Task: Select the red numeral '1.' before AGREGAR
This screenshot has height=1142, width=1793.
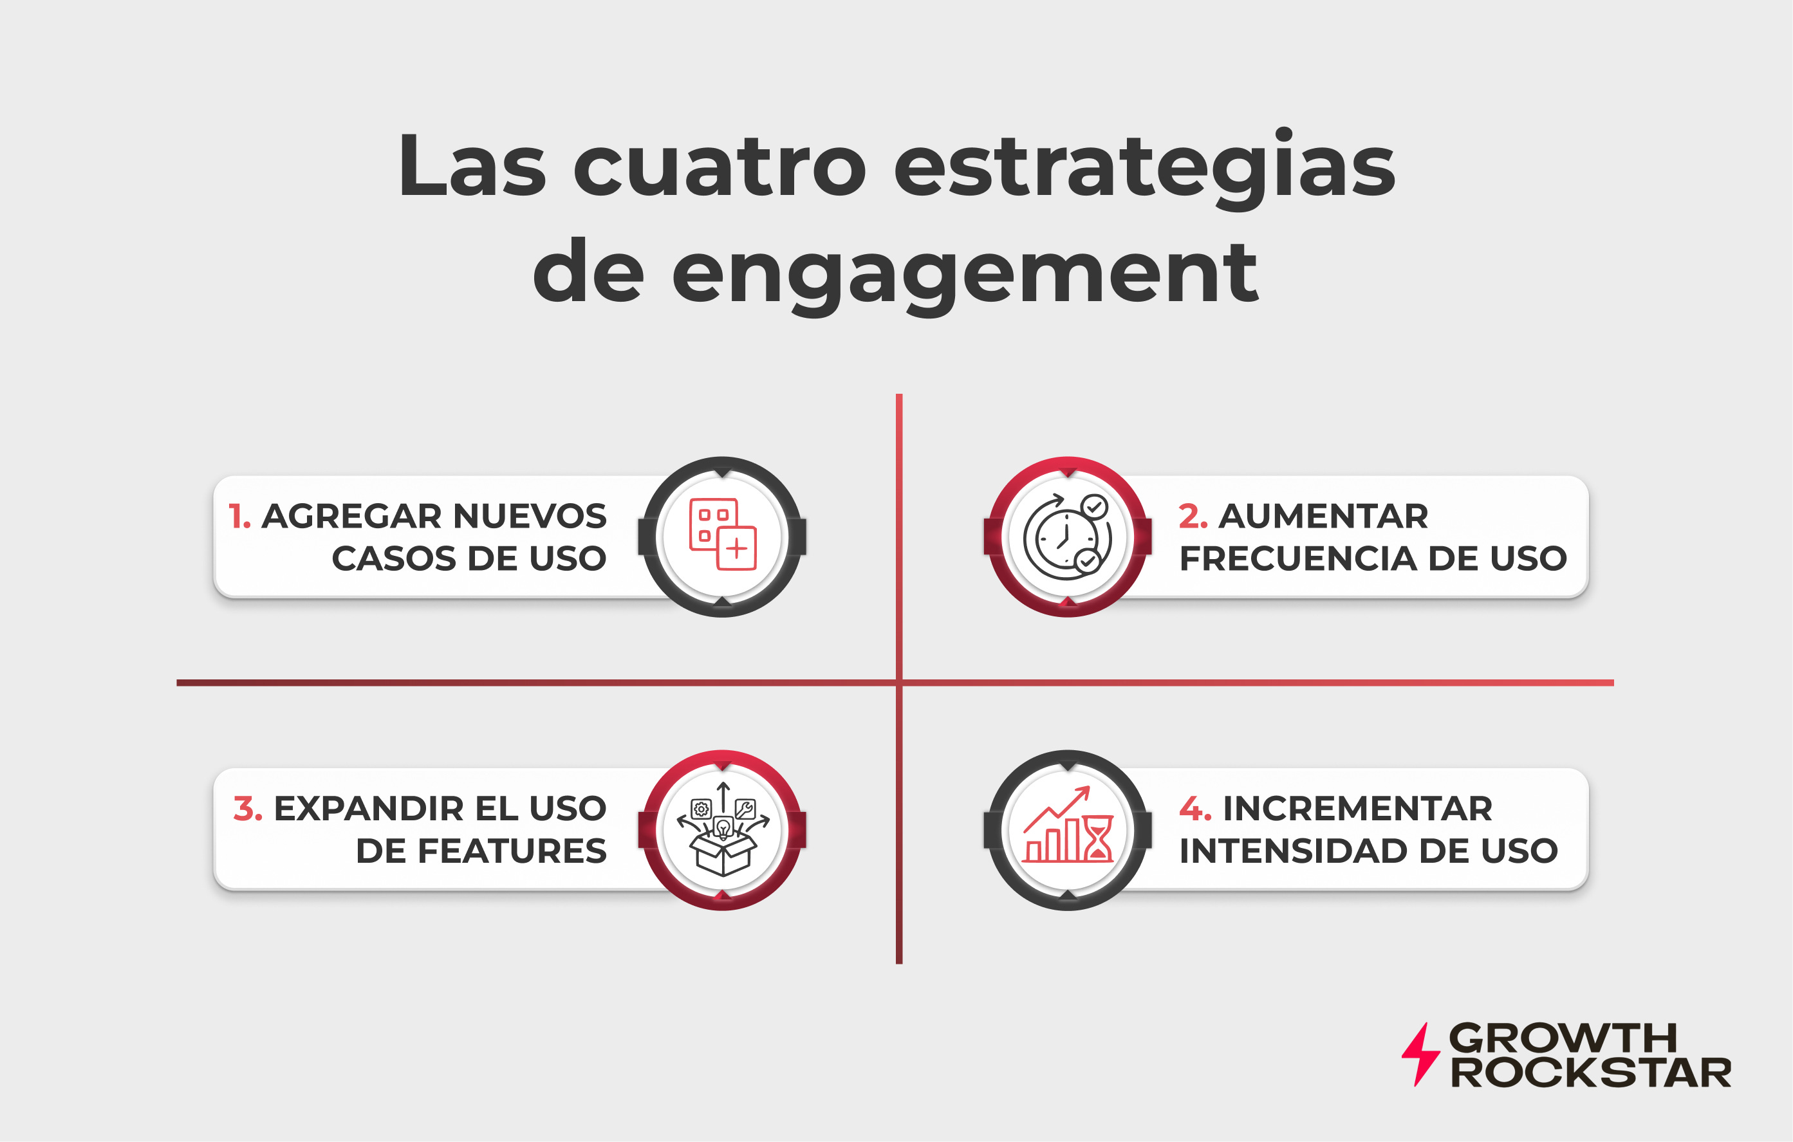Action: click(x=239, y=517)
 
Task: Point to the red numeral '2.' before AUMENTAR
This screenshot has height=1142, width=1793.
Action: click(x=1193, y=517)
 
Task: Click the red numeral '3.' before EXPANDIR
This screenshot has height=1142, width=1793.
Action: click(x=247, y=809)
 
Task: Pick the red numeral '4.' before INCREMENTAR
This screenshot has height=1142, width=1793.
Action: click(x=1195, y=809)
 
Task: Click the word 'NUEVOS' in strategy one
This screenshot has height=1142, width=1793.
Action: click(x=530, y=517)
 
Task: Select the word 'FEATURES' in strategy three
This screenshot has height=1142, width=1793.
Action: click(x=512, y=851)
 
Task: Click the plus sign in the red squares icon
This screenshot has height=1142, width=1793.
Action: click(x=736, y=549)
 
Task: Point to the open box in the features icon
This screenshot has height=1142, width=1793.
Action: click(x=722, y=853)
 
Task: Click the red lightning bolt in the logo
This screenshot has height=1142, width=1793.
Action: click(x=1421, y=1054)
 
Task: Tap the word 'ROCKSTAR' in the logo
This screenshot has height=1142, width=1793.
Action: click(x=1590, y=1073)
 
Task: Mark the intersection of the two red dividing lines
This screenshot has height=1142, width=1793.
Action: click(x=898, y=683)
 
